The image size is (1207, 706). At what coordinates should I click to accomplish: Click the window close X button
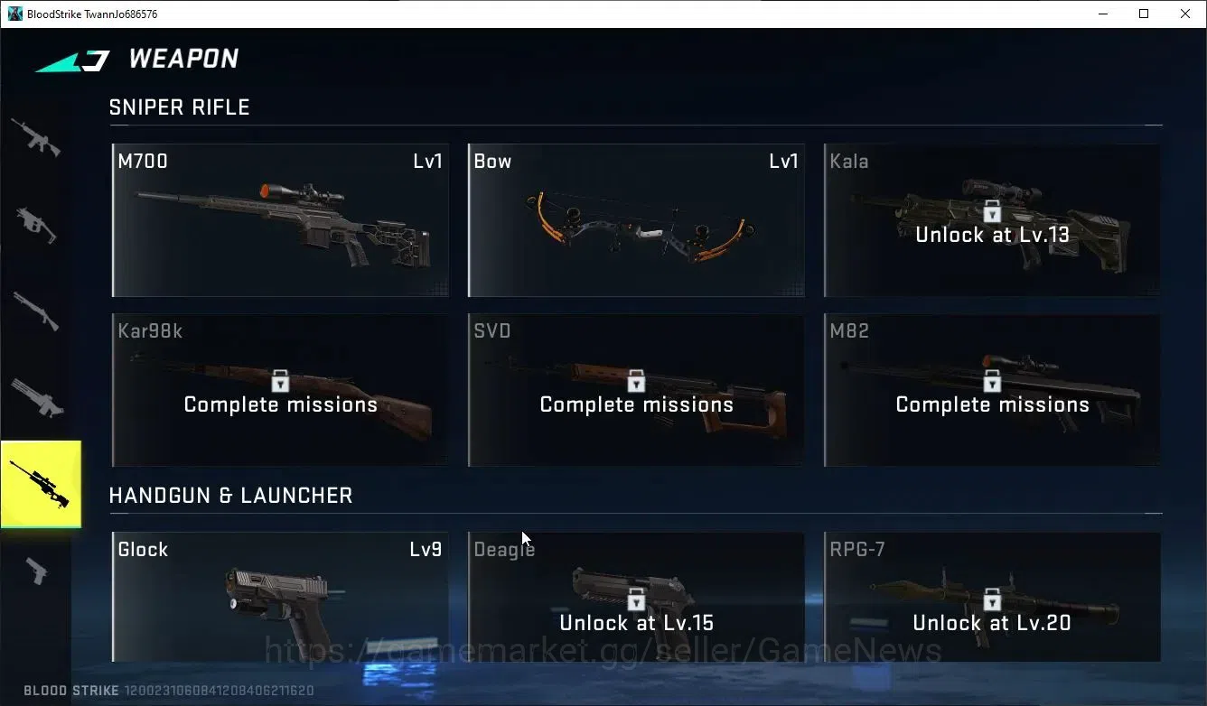click(1185, 14)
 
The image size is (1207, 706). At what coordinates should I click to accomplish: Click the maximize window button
click(1144, 14)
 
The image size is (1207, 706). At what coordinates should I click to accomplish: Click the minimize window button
click(1103, 14)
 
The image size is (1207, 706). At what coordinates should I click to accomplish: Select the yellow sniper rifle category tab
click(41, 484)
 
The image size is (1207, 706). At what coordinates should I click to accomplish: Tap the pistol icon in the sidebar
click(37, 571)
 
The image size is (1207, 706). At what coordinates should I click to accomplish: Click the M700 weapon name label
click(143, 161)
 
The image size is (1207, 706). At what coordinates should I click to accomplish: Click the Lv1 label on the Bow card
click(783, 161)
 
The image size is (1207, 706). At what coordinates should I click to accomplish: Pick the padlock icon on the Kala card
click(991, 210)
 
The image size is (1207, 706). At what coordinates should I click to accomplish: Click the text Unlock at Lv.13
click(992, 235)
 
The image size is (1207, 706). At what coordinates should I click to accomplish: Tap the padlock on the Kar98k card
click(280, 380)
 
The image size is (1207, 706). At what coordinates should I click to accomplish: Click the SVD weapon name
click(492, 330)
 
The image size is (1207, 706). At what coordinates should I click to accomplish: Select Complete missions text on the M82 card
click(992, 405)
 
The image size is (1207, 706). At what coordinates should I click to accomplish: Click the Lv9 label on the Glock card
click(426, 549)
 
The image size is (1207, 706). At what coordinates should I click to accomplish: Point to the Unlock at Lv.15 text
click(636, 623)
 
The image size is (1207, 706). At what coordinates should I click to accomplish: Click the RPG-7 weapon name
click(856, 549)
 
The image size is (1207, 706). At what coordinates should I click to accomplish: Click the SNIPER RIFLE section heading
click(180, 107)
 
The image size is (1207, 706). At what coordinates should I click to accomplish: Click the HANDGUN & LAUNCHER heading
click(230, 496)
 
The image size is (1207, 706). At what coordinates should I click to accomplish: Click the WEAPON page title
click(183, 59)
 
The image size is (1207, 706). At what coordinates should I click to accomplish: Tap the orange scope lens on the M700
click(265, 190)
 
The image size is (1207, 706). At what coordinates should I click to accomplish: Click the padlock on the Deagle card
click(636, 599)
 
